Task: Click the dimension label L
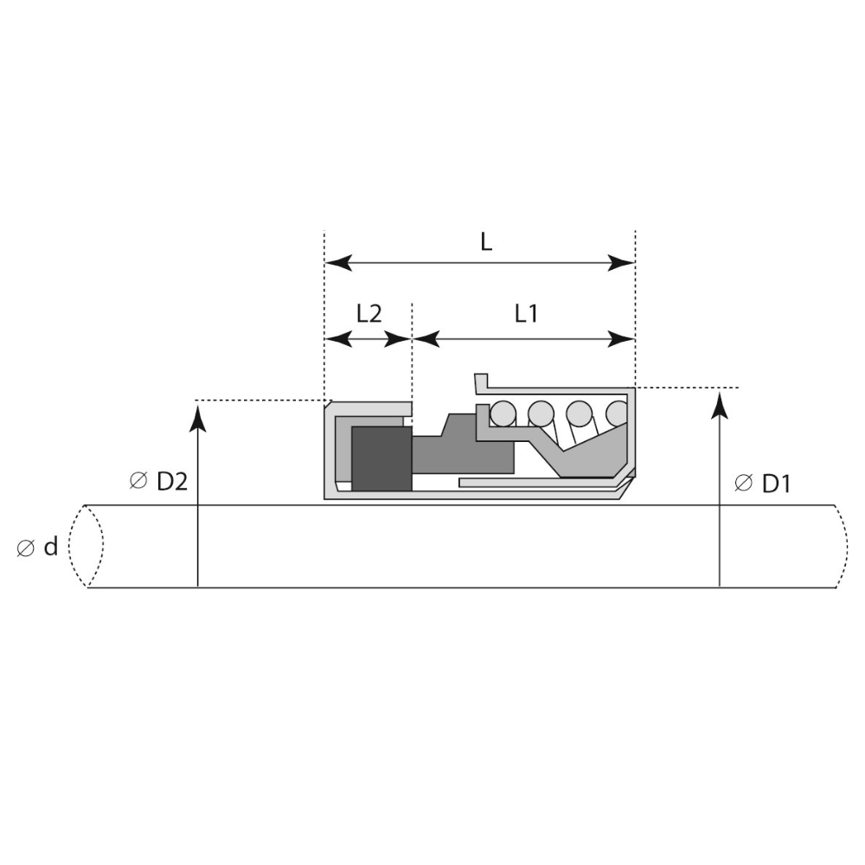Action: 486,241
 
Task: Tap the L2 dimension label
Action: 368,314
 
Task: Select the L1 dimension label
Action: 526,314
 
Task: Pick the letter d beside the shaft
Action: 51,547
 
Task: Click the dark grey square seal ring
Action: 381,458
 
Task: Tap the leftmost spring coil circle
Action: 503,413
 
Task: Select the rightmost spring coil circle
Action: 618,413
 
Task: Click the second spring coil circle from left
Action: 541,413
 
